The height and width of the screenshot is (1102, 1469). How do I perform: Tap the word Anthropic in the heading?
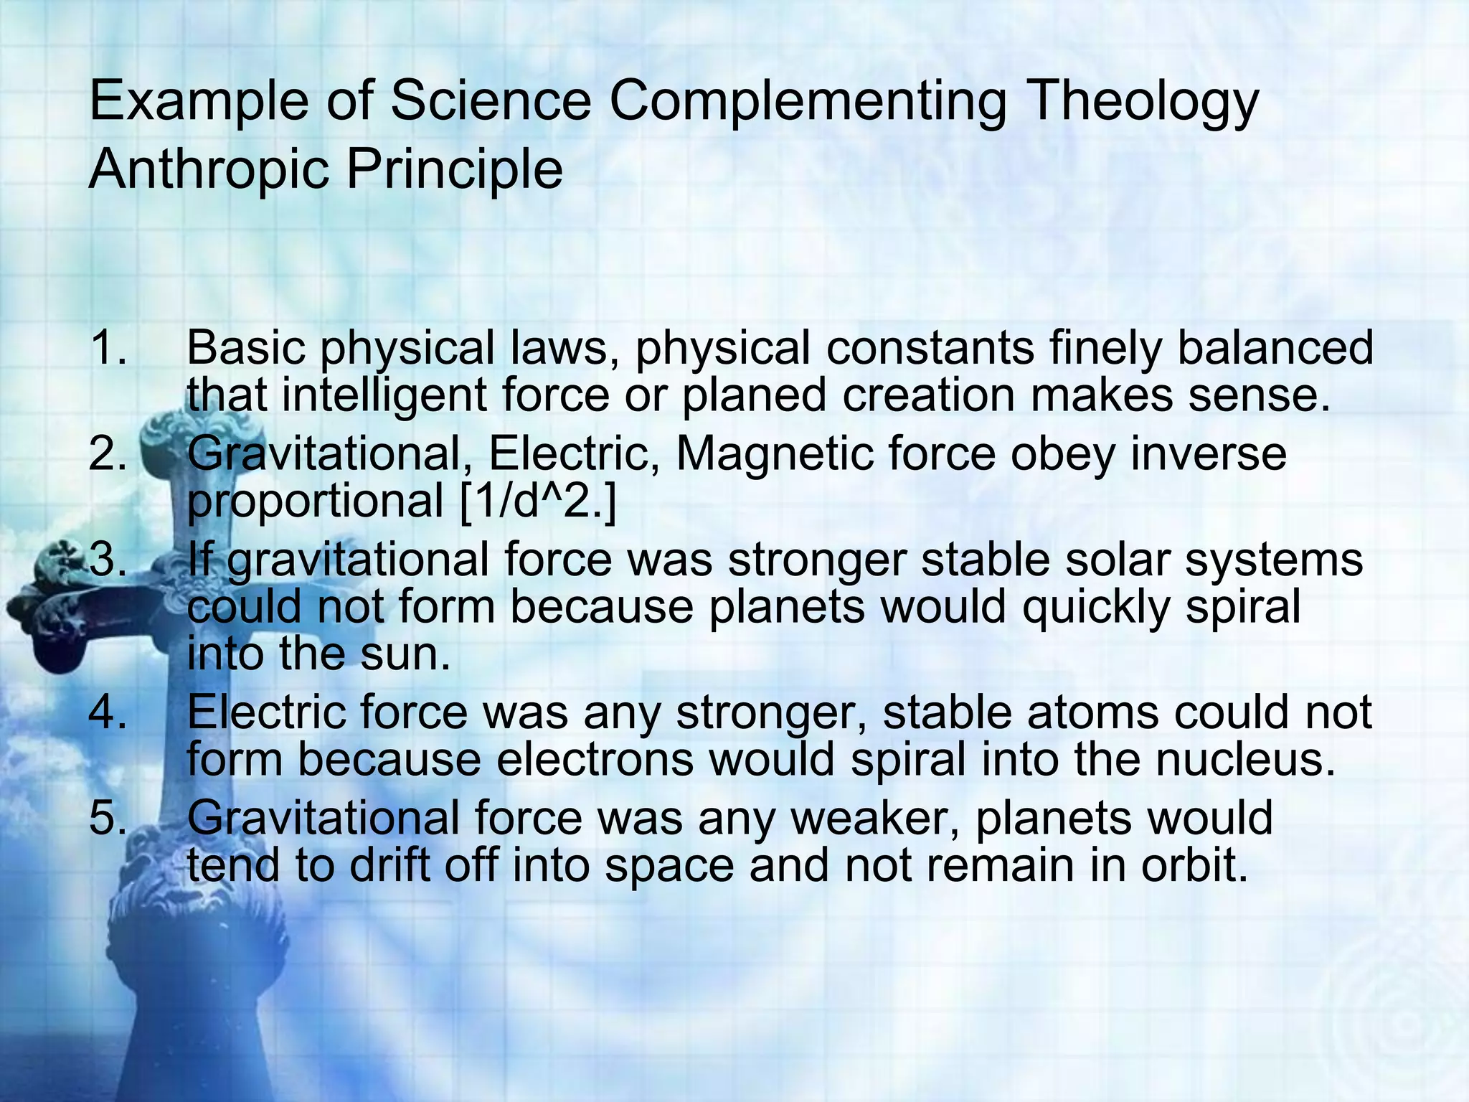[207, 171]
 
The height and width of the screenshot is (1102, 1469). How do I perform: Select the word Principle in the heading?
[455, 171]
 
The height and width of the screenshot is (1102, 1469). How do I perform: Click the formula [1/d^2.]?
[537, 501]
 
